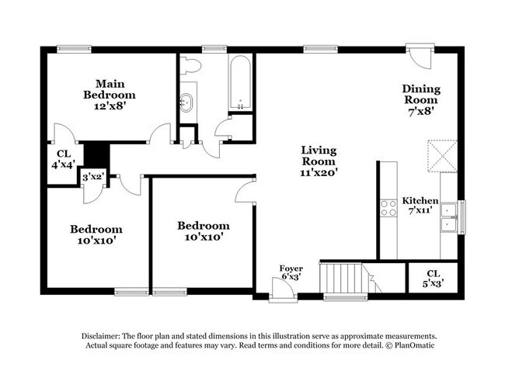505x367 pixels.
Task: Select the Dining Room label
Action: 420,99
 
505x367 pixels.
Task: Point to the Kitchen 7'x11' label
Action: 420,206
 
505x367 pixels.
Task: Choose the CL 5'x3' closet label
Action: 433,278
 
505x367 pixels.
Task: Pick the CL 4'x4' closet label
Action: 63,159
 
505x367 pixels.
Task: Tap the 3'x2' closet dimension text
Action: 94,178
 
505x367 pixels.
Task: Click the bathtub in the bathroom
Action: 240,83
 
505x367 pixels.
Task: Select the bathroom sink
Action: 187,101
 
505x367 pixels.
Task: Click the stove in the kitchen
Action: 387,208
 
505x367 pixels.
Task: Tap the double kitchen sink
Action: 448,216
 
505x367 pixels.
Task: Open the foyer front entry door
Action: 283,292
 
